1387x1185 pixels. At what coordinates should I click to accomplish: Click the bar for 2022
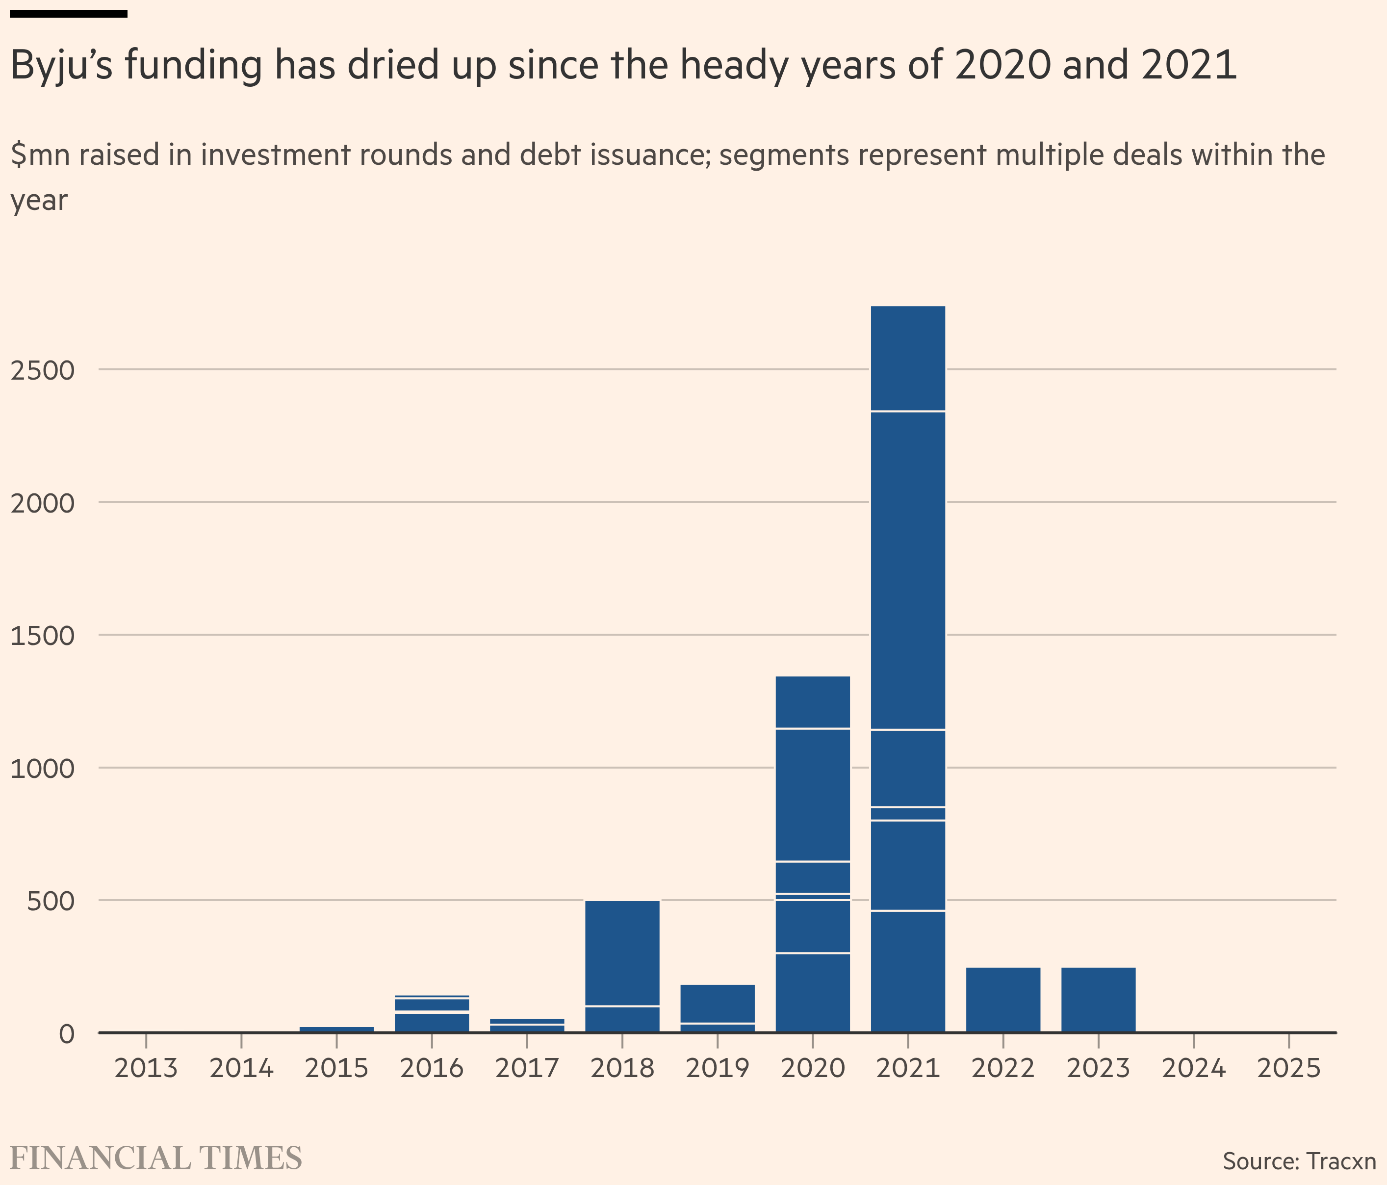[x=1003, y=999]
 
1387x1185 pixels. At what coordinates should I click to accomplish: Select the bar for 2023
[x=1098, y=999]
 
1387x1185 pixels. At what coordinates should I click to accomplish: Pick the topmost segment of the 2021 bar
[x=908, y=358]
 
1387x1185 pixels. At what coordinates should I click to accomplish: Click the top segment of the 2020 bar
[x=813, y=701]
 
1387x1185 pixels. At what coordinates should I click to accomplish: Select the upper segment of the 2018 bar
[x=622, y=953]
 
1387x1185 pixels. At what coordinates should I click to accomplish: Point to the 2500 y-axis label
[x=42, y=370]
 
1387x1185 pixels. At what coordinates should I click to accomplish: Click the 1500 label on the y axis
[x=42, y=635]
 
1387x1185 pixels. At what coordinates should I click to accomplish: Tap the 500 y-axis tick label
[x=51, y=901]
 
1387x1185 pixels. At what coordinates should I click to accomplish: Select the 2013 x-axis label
[x=146, y=1068]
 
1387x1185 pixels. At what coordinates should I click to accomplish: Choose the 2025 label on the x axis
[x=1288, y=1068]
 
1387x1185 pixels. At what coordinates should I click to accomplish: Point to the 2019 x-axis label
[x=717, y=1068]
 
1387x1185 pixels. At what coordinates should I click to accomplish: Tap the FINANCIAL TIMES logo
[x=156, y=1158]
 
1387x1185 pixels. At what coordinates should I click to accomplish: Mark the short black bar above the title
[x=69, y=13]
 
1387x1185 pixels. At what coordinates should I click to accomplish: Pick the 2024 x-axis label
[x=1194, y=1068]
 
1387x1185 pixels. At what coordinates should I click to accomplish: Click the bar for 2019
[x=717, y=1004]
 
